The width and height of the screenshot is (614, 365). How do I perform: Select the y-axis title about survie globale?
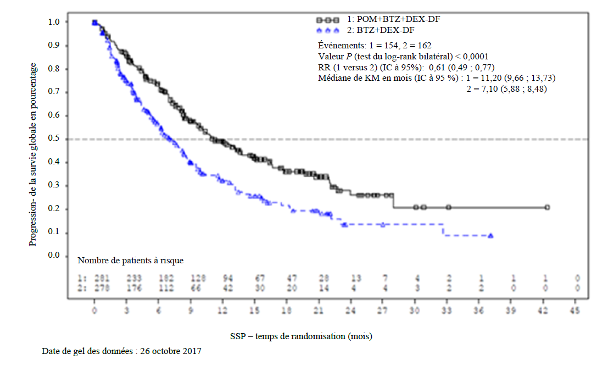[x=34, y=154]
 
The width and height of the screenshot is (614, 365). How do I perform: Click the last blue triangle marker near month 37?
[x=490, y=236]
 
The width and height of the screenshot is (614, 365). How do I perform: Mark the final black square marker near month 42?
[x=548, y=207]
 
